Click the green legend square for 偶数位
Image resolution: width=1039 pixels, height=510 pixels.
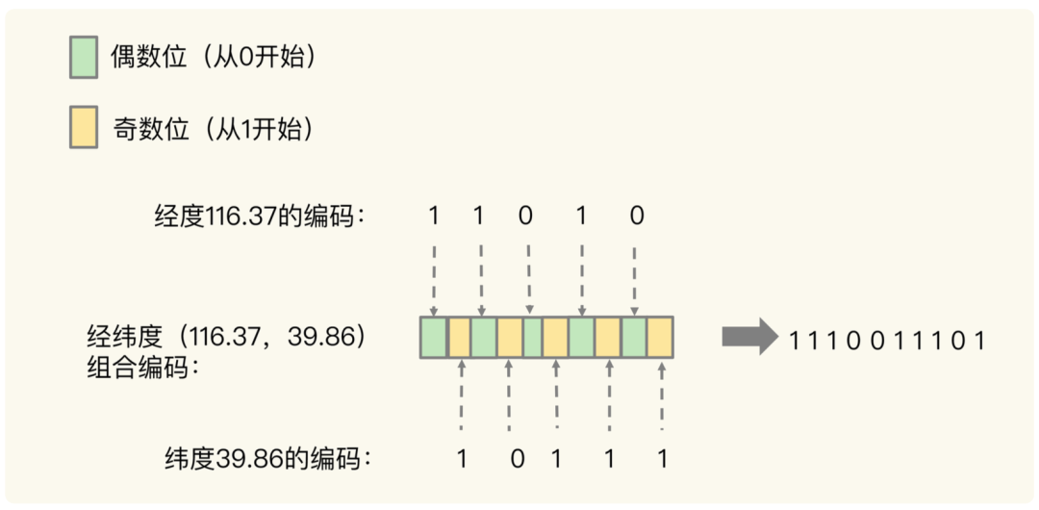coord(84,58)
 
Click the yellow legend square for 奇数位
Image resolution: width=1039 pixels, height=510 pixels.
coord(84,129)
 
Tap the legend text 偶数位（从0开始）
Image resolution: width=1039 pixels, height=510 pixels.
coord(214,58)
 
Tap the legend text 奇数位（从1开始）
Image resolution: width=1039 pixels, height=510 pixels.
coord(214,129)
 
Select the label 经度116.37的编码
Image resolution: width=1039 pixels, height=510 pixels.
coord(260,217)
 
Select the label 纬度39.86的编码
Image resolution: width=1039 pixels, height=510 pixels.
coord(268,459)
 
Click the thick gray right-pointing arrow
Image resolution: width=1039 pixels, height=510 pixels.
coord(748,337)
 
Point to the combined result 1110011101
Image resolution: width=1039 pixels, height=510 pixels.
coord(887,340)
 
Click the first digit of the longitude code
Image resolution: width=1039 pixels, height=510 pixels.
coord(434,217)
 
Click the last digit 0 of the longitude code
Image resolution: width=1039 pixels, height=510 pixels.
coord(636,217)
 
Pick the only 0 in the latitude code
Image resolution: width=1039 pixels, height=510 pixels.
coord(517,459)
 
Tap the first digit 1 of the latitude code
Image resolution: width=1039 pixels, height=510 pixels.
coord(462,459)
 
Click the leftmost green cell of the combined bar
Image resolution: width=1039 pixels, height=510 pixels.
coord(434,337)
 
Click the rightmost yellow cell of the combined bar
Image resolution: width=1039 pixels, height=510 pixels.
coord(660,337)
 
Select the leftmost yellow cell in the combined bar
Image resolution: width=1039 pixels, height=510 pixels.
coord(460,337)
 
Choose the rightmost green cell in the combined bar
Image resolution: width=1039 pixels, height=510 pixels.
coord(634,337)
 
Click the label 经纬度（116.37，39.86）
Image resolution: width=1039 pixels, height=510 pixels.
coord(228,337)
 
